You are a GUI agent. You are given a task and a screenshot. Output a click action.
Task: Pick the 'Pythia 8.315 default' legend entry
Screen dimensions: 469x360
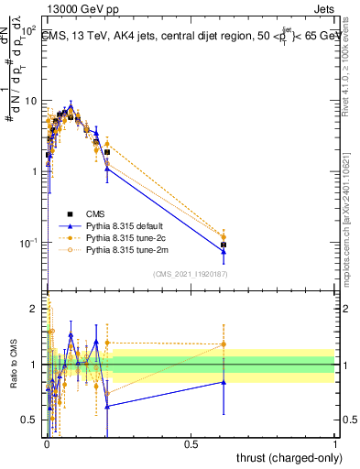(x=122, y=224)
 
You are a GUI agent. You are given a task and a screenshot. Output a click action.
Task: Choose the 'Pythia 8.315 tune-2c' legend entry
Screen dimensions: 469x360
(x=122, y=236)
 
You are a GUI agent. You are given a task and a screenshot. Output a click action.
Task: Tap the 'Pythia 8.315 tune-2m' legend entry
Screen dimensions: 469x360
(x=122, y=248)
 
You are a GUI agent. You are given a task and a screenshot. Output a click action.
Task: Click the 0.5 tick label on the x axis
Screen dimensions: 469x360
(x=191, y=442)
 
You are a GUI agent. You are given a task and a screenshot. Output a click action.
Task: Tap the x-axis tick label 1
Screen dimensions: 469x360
(x=335, y=442)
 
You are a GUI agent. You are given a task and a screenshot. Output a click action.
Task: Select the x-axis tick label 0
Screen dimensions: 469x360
(x=46, y=442)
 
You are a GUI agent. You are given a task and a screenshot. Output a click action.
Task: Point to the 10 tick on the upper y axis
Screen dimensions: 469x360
(x=30, y=100)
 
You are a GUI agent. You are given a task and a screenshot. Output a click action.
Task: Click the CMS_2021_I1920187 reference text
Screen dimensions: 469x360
(x=190, y=274)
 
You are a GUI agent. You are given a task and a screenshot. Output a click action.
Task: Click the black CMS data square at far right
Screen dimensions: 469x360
(x=224, y=245)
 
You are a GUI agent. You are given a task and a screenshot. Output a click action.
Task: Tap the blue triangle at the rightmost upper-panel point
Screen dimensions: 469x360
(x=224, y=252)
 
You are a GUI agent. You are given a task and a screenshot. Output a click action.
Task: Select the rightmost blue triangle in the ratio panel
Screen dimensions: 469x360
(x=224, y=382)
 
